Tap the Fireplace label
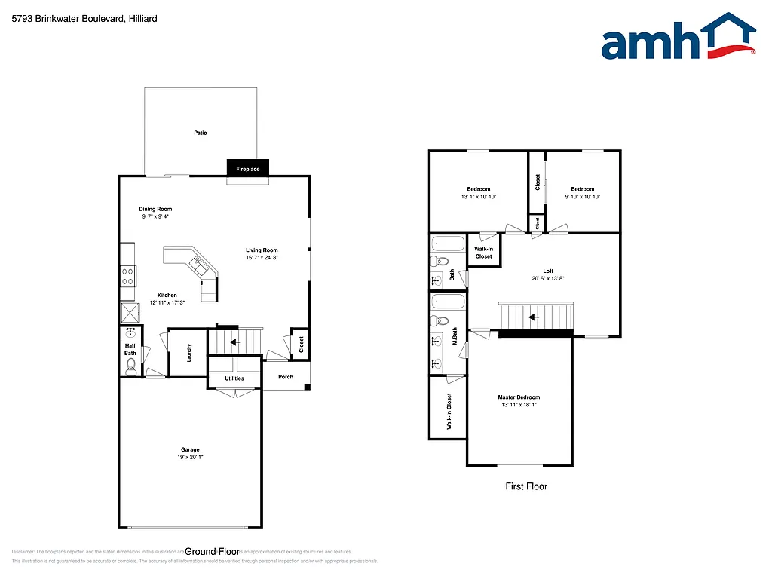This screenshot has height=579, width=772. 248,169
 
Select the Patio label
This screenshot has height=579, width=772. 200,133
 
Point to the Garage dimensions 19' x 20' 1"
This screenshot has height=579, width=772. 190,456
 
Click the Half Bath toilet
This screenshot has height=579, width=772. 131,367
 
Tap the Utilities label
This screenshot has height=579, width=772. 234,378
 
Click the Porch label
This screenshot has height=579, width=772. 286,377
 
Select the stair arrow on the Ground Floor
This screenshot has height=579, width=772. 234,342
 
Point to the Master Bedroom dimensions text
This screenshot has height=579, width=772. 519,405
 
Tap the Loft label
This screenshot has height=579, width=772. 548,271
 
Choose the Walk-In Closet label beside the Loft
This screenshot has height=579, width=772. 483,253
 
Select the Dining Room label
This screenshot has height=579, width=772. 155,209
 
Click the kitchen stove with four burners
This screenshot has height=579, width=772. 127,277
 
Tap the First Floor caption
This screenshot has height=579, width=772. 526,486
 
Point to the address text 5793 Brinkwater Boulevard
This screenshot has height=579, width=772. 84,19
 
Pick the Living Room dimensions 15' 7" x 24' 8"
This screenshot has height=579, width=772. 262,258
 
